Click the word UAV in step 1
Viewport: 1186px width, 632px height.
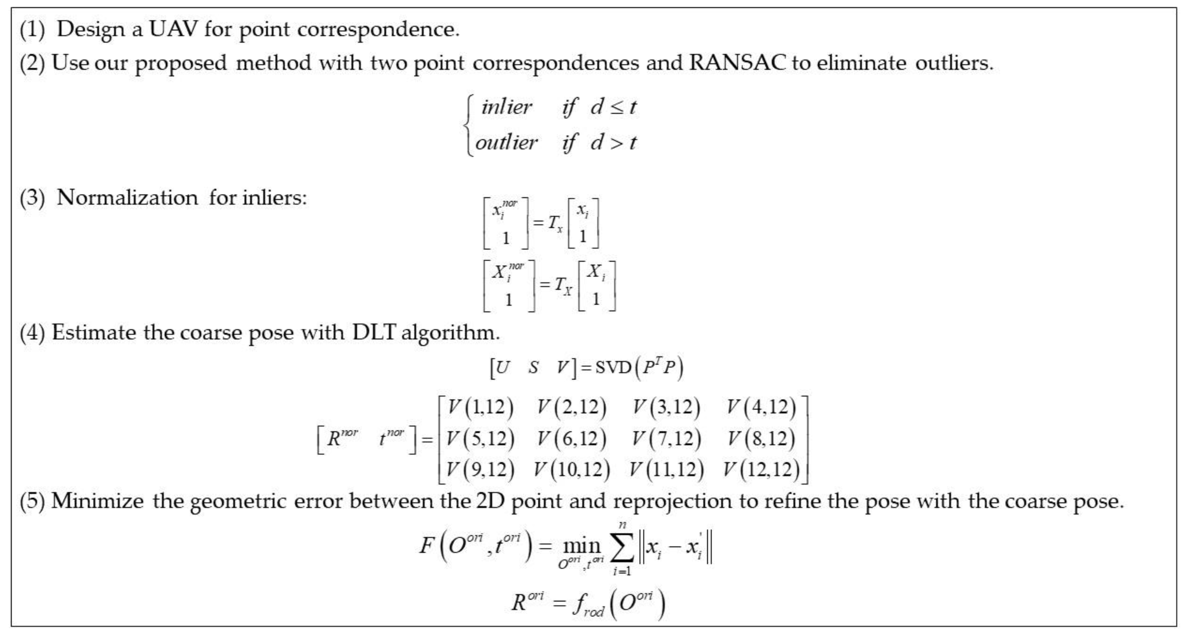[173, 30]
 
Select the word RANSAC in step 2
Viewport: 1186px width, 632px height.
[737, 62]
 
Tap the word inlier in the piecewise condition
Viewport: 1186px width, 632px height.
[506, 107]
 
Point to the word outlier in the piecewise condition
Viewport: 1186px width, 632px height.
[506, 142]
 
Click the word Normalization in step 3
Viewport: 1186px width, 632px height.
[127, 198]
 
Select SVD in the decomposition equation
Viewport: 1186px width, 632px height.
[612, 367]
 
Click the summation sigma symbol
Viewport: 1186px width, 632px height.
[622, 548]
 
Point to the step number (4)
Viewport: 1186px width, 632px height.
[32, 332]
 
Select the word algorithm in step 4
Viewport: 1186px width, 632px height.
[450, 332]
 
